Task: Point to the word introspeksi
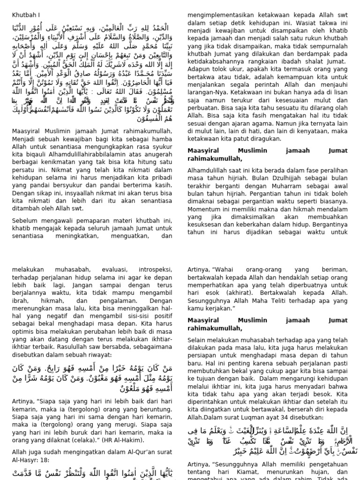click(154, 270)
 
